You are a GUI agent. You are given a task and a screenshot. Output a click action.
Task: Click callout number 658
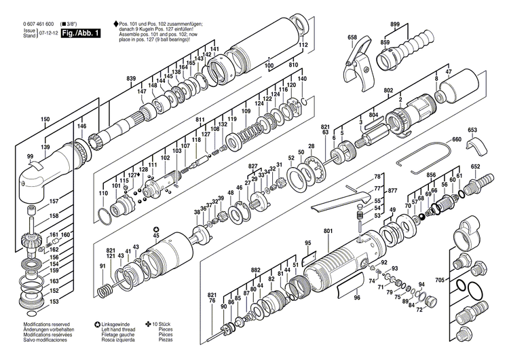(352, 37)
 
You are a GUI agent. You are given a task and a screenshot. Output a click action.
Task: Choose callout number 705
(440, 280)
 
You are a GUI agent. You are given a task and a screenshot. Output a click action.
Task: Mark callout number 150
(45, 120)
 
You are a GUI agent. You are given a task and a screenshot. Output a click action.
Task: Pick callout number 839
(131, 79)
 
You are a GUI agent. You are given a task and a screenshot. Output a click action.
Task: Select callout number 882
(255, 270)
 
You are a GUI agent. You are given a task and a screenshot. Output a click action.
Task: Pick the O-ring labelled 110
(102, 215)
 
